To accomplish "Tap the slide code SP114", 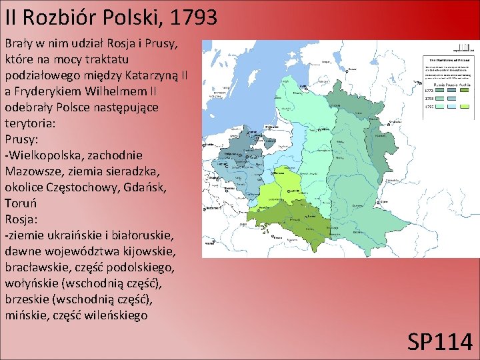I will tap(440, 342).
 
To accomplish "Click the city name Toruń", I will tap(21, 203).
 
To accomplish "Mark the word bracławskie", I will tap(37, 267).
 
